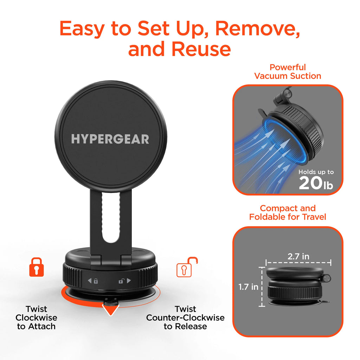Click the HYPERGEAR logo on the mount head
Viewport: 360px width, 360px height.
click(x=110, y=139)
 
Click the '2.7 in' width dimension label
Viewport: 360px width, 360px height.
click(x=298, y=256)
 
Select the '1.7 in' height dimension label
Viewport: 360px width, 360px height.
click(x=248, y=287)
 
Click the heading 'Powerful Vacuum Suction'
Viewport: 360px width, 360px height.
click(x=288, y=71)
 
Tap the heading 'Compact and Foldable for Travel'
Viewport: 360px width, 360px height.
click(x=288, y=212)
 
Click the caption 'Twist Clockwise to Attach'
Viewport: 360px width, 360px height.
click(x=36, y=317)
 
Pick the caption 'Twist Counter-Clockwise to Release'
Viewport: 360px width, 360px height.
click(x=185, y=317)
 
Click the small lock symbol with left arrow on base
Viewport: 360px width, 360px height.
click(x=93, y=281)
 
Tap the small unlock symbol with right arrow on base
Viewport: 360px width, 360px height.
click(x=124, y=281)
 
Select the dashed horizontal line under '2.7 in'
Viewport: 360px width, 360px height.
click(x=298, y=262)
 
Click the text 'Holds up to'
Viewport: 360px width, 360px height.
click(x=316, y=172)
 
